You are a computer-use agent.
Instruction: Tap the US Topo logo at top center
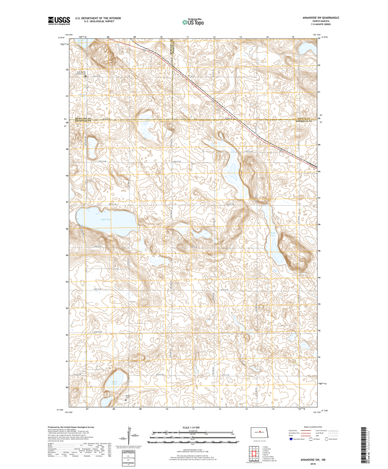click(193, 21)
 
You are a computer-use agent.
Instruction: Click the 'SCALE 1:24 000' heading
click(193, 429)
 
